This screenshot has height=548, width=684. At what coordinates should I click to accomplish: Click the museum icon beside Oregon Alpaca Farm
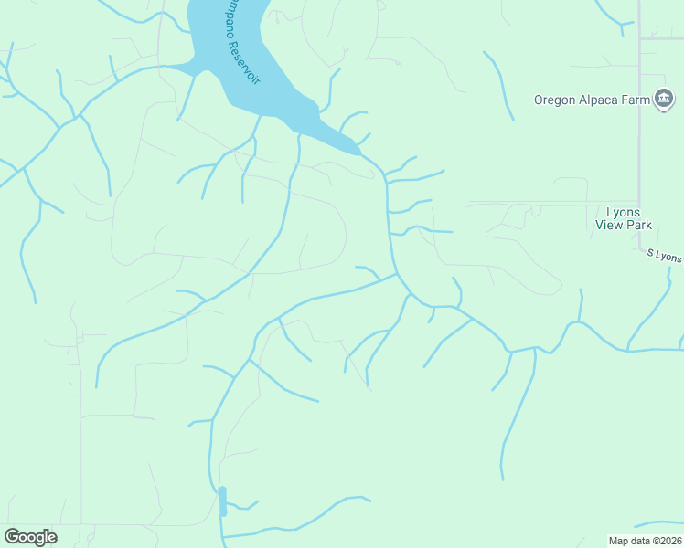point(665,99)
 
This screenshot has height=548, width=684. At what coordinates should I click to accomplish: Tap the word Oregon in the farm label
point(556,100)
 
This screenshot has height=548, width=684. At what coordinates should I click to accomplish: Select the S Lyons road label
point(664,255)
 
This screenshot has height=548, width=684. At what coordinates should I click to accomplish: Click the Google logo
point(30,537)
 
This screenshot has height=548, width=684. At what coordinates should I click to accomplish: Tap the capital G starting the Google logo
point(12,537)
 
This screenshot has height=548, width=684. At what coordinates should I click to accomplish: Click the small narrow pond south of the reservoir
point(222,501)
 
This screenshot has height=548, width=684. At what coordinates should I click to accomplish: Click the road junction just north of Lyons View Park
point(638,203)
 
